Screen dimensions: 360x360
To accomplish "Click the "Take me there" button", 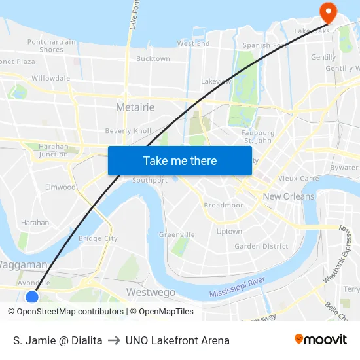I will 180,160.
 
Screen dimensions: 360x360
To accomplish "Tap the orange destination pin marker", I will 326,11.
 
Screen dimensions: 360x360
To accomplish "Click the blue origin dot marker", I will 32,297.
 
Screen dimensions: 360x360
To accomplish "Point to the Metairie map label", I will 135,107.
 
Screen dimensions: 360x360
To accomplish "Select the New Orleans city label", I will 289,196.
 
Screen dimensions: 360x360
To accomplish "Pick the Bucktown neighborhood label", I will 153,58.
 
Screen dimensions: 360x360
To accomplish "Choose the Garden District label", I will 261,246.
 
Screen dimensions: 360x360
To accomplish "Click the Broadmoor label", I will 223,205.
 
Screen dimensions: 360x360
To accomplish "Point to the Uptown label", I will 229,231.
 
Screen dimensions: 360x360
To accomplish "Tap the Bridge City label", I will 98,238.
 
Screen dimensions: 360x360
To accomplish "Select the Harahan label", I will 35,223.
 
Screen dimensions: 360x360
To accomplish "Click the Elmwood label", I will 60,187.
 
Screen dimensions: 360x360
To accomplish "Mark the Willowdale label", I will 51,78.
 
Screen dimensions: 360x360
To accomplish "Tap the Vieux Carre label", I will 298,178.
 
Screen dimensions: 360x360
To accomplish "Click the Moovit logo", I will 321,339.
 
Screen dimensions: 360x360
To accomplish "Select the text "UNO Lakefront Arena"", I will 177,340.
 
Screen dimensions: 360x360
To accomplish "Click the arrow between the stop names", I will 114,340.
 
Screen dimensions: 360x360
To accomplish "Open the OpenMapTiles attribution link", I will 162,312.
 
